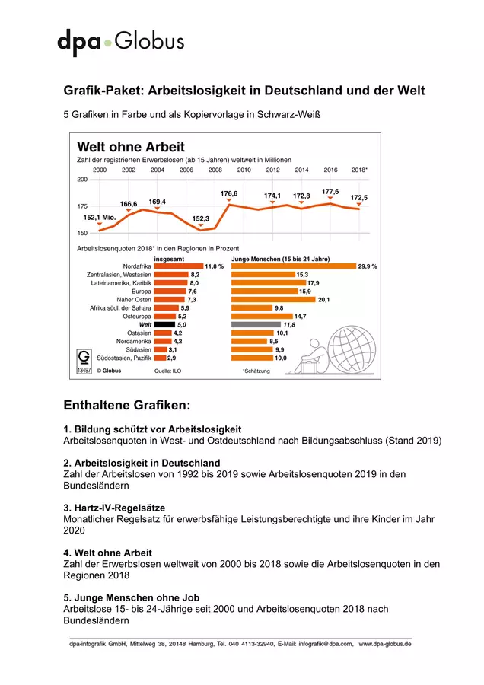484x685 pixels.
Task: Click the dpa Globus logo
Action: coord(120,43)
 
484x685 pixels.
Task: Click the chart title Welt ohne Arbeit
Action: coord(131,147)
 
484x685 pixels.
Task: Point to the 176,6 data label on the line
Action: coord(229,193)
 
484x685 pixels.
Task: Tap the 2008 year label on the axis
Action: coord(215,170)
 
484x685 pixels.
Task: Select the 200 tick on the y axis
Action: coord(82,180)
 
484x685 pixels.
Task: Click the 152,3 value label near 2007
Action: coord(200,218)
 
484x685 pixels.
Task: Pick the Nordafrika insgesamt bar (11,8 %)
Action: coord(179,266)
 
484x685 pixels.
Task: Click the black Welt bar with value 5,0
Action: coord(164,324)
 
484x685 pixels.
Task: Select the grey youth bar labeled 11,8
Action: coord(256,324)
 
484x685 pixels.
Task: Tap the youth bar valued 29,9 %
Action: coord(294,266)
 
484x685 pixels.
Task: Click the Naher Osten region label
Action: coord(134,300)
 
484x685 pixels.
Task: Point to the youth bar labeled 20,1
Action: coord(273,300)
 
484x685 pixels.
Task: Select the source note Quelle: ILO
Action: coord(167,371)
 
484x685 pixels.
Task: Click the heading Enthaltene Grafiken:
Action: coord(127,405)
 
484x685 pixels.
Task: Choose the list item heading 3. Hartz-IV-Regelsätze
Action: coord(114,508)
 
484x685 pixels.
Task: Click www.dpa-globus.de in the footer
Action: coord(385,644)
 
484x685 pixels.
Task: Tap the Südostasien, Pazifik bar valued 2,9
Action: coord(160,358)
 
